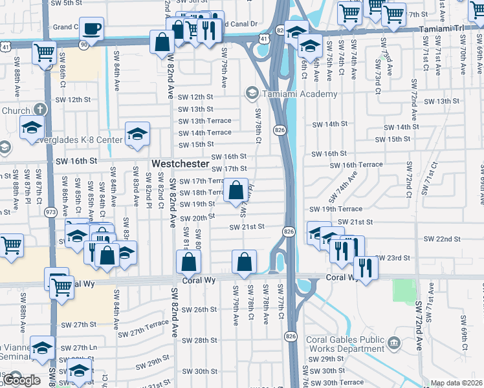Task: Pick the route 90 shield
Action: click(83, 43)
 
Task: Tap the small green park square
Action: click(404, 289)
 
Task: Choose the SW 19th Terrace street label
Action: click(336, 209)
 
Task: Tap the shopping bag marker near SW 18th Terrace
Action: click(236, 189)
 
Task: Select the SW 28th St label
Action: click(199, 340)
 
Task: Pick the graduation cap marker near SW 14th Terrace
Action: click(137, 133)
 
